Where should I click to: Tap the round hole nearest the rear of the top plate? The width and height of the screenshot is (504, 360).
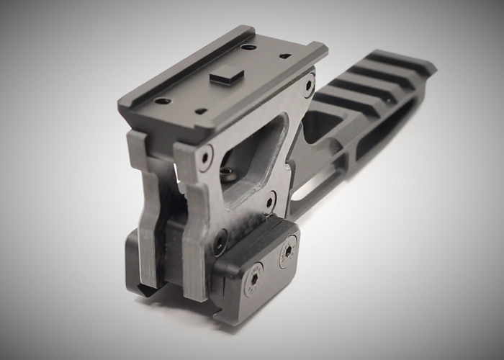[x=248, y=47]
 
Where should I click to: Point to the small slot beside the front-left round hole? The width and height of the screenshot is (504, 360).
[x=201, y=111]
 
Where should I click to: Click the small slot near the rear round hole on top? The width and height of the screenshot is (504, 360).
[x=285, y=55]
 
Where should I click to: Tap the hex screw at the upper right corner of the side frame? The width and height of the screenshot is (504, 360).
[x=309, y=84]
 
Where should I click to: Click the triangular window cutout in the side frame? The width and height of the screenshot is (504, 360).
[x=248, y=155]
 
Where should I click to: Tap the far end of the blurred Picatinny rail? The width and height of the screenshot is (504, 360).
[x=418, y=61]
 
